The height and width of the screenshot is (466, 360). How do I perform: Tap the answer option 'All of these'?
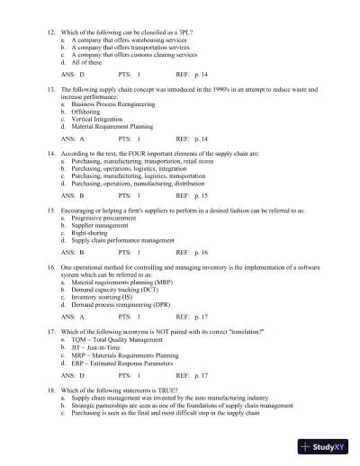point(84,63)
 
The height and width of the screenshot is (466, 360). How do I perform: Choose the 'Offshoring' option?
point(86,111)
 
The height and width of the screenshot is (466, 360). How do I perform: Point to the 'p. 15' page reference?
point(199,194)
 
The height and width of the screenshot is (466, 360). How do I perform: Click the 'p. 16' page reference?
point(199,254)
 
